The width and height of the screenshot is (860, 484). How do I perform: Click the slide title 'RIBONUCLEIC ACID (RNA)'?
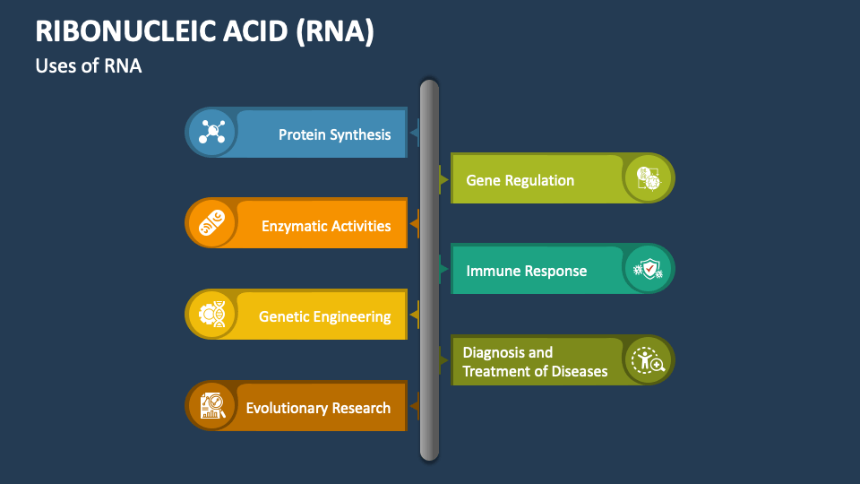(x=204, y=31)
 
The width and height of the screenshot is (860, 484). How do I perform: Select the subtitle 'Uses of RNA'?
(x=89, y=65)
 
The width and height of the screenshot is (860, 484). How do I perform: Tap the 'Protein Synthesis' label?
(x=334, y=134)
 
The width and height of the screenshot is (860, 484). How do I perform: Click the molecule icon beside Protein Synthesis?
(x=211, y=133)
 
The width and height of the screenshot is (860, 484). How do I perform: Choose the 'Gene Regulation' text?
(x=520, y=180)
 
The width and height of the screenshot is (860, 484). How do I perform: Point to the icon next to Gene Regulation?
(x=648, y=178)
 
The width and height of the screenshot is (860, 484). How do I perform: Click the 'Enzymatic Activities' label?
(x=326, y=226)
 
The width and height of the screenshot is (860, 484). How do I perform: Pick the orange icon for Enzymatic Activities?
(x=211, y=224)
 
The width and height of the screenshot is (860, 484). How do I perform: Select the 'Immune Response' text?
(x=526, y=271)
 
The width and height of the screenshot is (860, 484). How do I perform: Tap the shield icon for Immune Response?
(x=648, y=269)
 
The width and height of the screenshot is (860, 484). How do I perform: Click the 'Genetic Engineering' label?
(x=324, y=316)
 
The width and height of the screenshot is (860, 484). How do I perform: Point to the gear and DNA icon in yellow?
(x=211, y=315)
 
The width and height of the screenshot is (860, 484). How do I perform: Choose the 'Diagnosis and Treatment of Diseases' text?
(x=535, y=362)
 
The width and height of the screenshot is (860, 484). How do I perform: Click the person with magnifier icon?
(x=648, y=360)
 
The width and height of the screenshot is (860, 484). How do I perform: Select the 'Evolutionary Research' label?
(x=318, y=408)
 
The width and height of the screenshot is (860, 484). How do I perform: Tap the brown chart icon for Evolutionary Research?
(x=211, y=406)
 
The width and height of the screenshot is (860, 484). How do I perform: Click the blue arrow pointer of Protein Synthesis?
(x=414, y=134)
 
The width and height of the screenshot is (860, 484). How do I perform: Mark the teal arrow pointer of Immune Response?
(x=443, y=268)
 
